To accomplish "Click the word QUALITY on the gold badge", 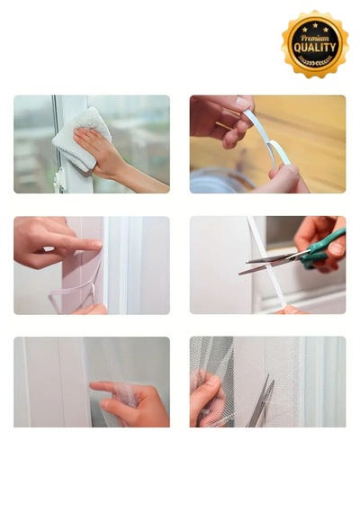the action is point(315,48).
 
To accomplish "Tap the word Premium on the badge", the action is point(315,38).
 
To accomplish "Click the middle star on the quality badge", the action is point(315,25).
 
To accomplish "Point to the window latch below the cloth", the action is point(58,180).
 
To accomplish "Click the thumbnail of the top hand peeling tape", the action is point(243,103).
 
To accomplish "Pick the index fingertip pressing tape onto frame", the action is point(97,244).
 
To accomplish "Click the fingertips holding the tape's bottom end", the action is point(290,310).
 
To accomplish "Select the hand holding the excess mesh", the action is point(205,399).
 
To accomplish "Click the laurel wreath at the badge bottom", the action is point(315,61).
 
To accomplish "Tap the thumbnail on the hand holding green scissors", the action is point(336,249).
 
